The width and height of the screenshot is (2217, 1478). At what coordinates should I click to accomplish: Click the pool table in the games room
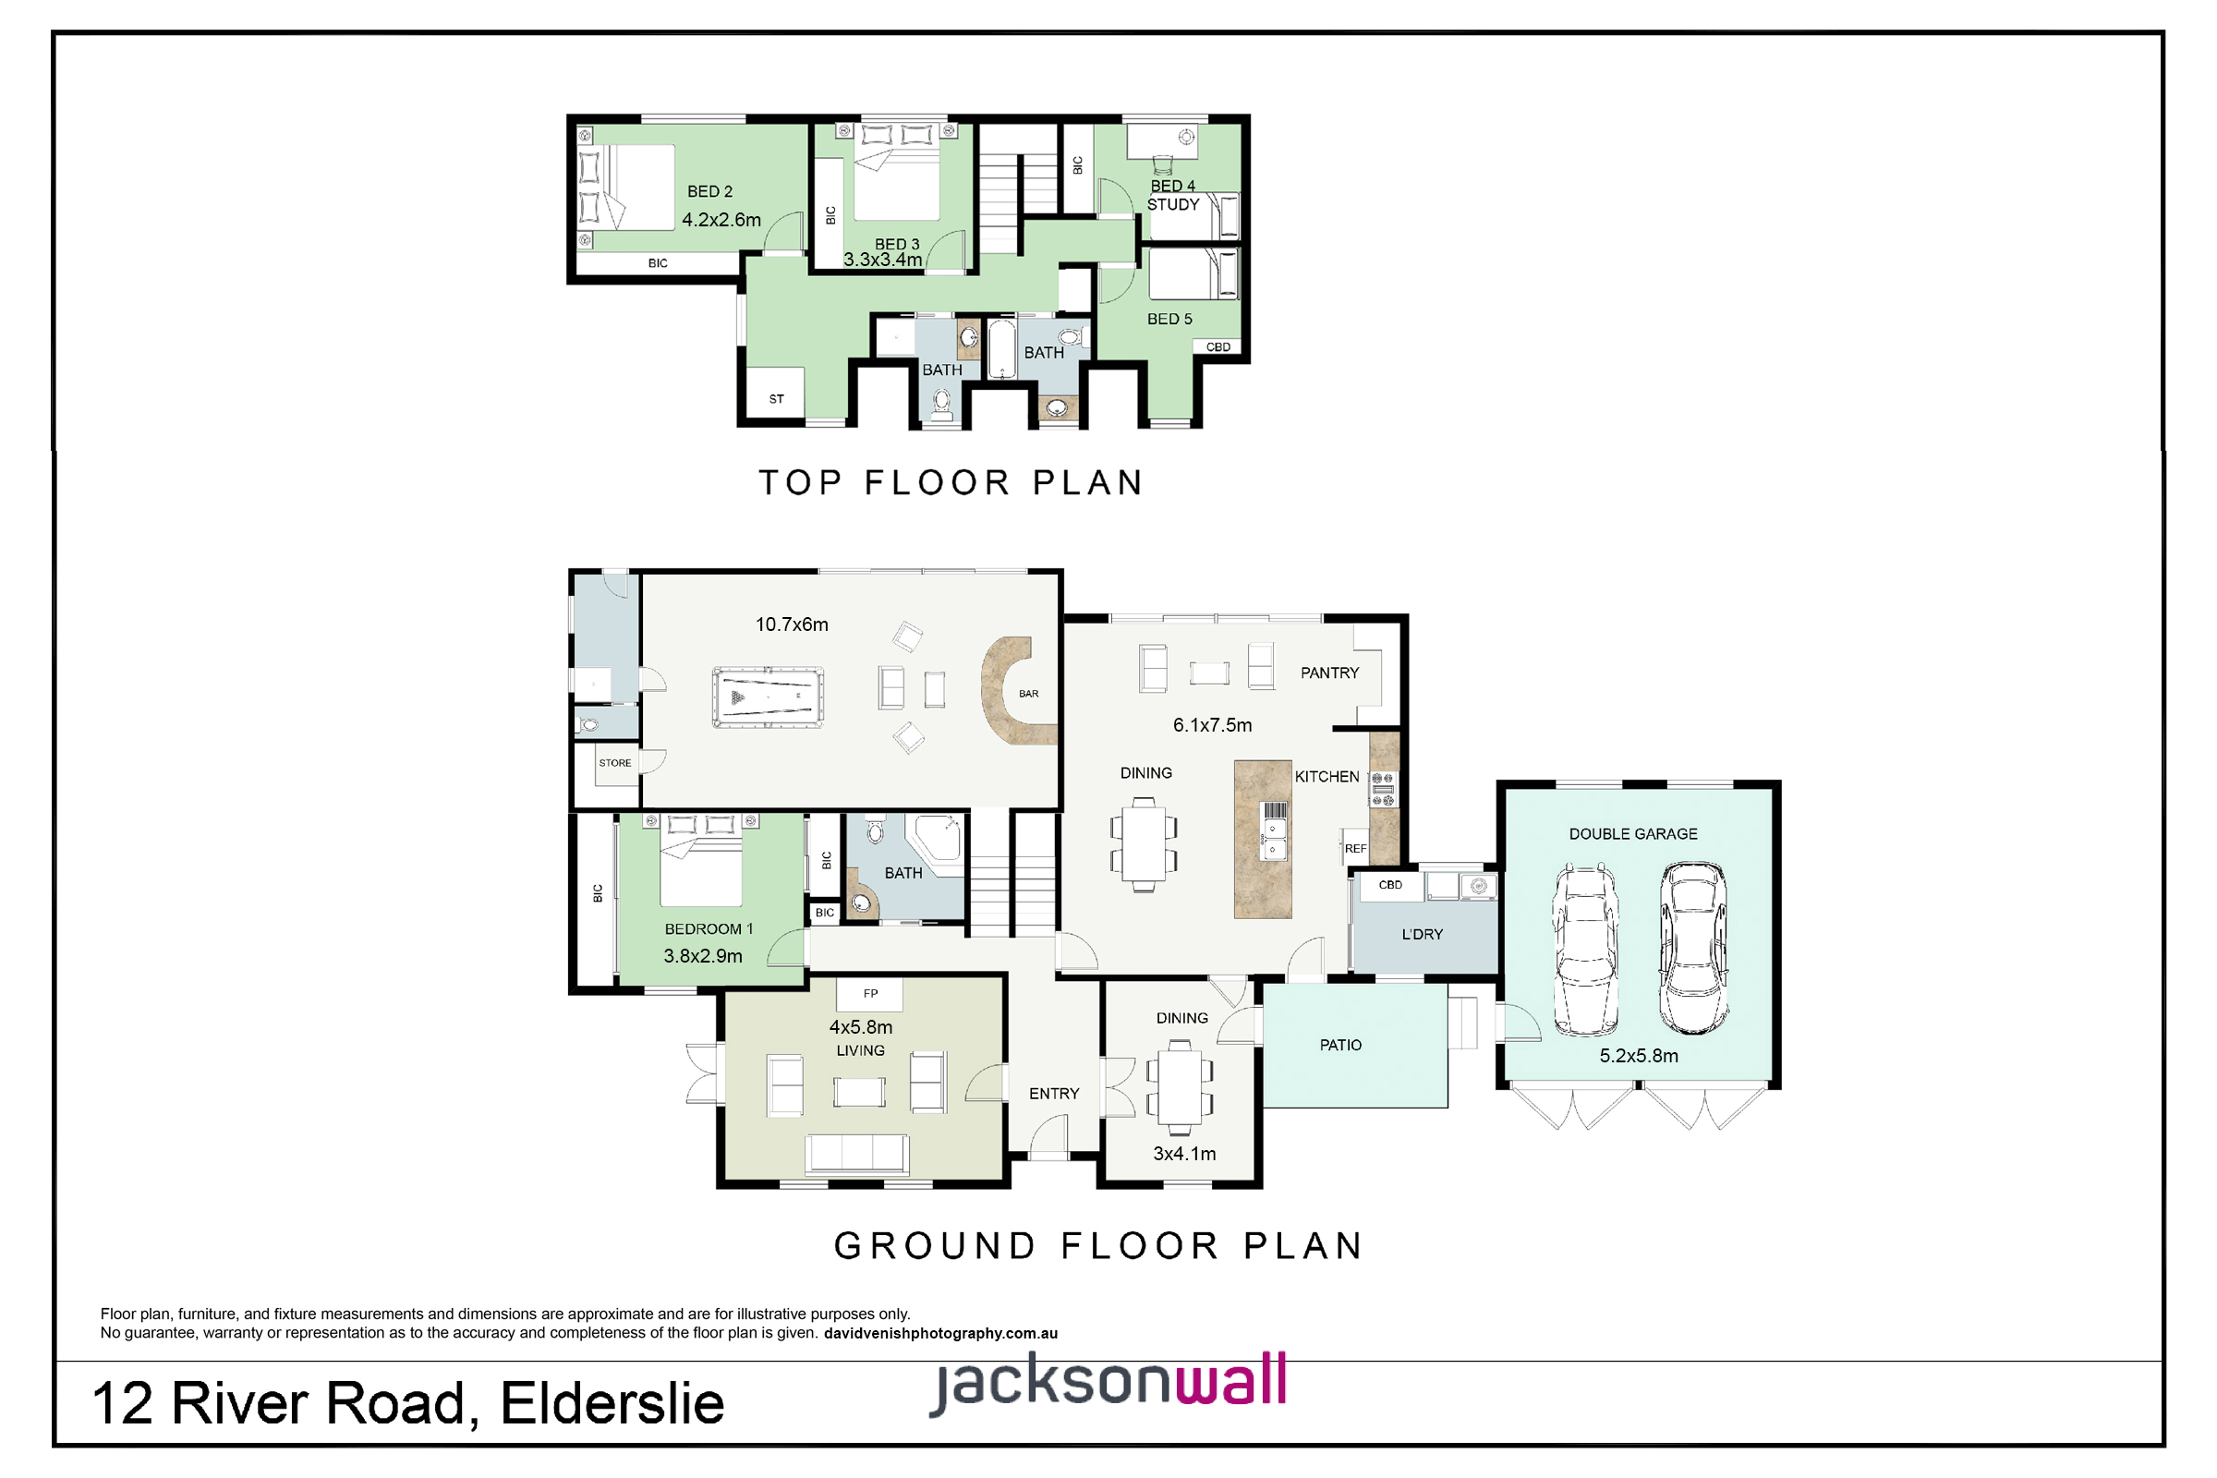tap(768, 697)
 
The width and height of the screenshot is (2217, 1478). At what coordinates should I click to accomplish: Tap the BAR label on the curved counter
tap(1028, 694)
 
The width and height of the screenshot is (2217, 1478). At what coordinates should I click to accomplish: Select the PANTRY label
tap(1329, 673)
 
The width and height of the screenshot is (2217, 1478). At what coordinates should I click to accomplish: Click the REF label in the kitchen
tap(1355, 848)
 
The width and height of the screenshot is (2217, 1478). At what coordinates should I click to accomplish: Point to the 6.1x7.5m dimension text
tap(1212, 725)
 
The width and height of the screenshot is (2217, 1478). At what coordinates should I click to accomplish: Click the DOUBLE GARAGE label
tap(1632, 834)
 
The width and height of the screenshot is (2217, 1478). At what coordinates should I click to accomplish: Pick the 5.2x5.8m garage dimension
tap(1638, 1056)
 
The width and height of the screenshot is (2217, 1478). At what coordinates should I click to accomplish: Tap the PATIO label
tap(1340, 1045)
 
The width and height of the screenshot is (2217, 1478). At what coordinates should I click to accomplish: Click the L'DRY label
tap(1422, 934)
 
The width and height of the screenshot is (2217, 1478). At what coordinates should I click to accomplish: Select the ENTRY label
tap(1054, 1094)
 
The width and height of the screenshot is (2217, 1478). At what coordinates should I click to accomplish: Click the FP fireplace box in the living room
tap(870, 994)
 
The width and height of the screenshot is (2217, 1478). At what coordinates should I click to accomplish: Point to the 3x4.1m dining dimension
tap(1184, 1154)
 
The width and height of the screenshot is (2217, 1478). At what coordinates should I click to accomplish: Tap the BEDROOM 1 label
tap(709, 928)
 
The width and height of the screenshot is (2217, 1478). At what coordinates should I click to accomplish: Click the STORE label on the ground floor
tap(614, 763)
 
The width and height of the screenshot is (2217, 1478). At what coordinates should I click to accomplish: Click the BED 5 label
tap(1169, 319)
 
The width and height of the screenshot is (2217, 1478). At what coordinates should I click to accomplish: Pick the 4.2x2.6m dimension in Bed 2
tap(721, 220)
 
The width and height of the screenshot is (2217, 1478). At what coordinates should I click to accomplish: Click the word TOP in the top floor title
tap(800, 482)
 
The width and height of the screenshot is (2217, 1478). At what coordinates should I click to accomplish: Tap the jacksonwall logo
tap(1108, 1383)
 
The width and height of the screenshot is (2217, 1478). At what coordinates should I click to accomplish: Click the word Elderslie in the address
tap(612, 1402)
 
